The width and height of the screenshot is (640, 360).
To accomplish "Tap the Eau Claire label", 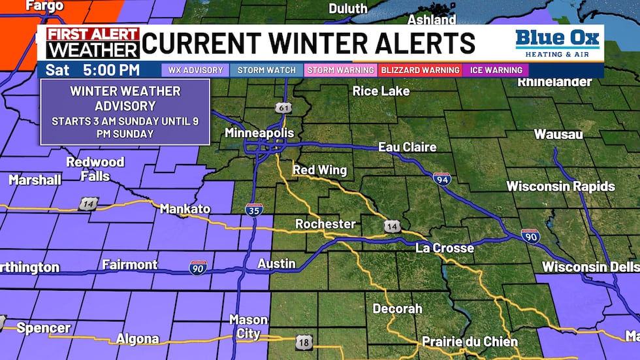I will (x=408, y=147).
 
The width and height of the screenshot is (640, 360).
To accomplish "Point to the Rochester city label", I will (x=325, y=224).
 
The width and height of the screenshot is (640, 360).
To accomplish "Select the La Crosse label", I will (x=445, y=248).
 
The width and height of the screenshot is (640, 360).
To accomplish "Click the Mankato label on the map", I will (x=185, y=209).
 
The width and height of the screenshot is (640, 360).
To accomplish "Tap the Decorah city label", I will (x=397, y=308).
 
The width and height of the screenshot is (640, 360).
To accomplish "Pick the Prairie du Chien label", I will (x=470, y=342).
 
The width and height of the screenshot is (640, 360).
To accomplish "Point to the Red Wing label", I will (x=319, y=171).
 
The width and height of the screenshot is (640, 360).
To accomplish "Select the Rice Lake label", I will (x=381, y=91).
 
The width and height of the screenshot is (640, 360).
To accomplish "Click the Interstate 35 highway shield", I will (x=255, y=210).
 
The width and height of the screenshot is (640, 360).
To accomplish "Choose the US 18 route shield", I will (x=304, y=341).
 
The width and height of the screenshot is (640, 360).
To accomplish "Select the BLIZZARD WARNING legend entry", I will (x=419, y=70).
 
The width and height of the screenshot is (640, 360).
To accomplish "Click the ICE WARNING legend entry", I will (x=496, y=70).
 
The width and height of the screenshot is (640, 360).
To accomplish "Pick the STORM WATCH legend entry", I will (x=266, y=70).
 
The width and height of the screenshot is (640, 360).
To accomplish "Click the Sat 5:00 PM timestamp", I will (x=102, y=70).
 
